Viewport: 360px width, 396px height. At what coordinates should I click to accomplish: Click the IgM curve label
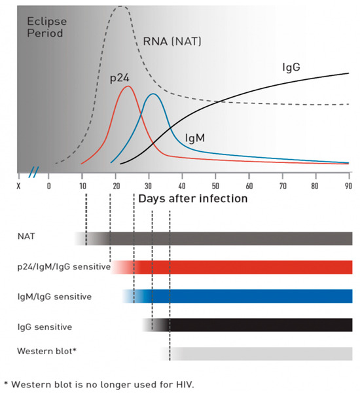pos(195,138)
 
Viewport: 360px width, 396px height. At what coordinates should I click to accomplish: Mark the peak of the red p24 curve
pos(128,86)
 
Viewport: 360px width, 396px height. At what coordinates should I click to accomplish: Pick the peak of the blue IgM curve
pos(152,94)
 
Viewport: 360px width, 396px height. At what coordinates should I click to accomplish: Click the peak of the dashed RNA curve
pos(120,7)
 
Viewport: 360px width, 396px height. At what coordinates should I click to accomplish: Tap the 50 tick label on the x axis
pos(215,185)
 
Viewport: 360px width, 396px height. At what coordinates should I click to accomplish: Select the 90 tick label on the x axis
pos(348,185)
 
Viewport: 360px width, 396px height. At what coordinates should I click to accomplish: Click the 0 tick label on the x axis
pos(49,185)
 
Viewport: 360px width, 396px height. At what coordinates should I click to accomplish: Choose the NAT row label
pos(27,238)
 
